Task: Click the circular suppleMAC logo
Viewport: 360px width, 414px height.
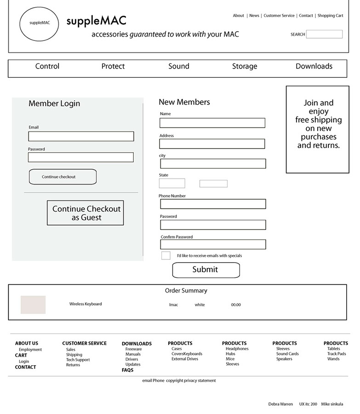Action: pos(39,23)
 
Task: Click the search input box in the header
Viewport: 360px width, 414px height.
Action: pos(324,34)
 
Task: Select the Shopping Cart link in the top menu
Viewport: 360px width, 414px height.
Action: pos(330,16)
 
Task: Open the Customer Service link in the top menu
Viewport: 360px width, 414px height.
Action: pos(279,16)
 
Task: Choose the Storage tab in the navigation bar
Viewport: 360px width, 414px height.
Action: pos(244,66)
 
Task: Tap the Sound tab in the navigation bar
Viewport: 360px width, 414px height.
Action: pos(178,66)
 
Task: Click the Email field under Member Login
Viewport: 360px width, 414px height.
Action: pos(81,137)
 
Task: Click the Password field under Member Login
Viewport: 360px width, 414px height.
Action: pos(81,157)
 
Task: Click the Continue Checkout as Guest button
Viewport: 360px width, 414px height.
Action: pos(86,213)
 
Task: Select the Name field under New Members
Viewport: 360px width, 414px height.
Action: pos(212,123)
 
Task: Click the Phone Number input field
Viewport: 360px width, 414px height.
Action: pos(213,204)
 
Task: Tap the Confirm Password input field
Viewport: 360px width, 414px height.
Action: pos(213,244)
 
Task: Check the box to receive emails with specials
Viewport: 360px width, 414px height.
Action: pos(166,255)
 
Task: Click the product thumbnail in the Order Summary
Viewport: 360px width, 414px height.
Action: pos(33,305)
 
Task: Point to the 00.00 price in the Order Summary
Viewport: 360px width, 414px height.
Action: pos(235,305)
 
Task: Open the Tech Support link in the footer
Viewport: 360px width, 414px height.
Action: pos(78,360)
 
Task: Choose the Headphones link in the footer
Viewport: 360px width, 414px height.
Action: pos(237,349)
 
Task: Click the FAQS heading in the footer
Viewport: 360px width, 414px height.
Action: pos(127,370)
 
